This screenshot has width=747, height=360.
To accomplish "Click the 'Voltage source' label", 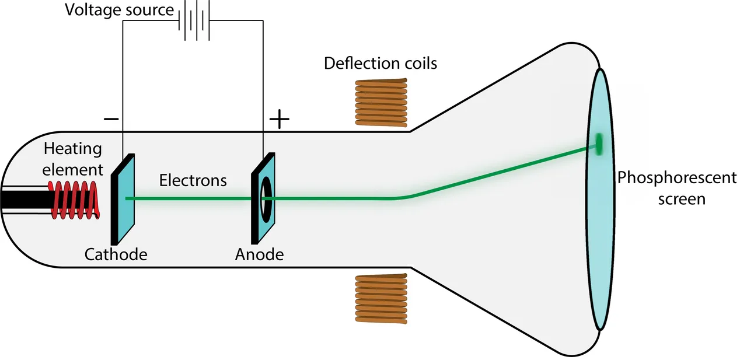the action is click(x=120, y=10).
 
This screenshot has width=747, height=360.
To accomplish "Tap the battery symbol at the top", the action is click(x=194, y=20).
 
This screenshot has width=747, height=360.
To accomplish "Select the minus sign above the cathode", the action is click(x=111, y=119).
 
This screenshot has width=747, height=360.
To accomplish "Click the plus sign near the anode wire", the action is click(x=280, y=119).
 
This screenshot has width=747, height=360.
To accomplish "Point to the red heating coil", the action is click(x=74, y=200).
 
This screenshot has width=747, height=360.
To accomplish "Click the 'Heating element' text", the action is click(x=73, y=159).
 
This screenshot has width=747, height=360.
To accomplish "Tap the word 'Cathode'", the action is click(x=116, y=254).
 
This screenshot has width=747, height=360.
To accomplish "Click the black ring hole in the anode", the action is click(x=266, y=200).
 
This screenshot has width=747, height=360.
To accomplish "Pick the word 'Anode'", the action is click(x=260, y=254).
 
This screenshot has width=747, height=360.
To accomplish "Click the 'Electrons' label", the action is click(x=193, y=180).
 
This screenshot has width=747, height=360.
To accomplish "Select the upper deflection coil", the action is click(x=382, y=103).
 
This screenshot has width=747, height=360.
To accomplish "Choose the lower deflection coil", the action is click(x=382, y=299).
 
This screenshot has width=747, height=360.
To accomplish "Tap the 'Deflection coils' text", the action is click(x=381, y=64).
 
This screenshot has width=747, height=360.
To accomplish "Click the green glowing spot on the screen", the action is click(x=599, y=144).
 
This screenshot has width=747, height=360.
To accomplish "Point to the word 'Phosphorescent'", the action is click(x=677, y=178).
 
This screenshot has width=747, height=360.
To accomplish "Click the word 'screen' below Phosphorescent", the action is click(x=682, y=200).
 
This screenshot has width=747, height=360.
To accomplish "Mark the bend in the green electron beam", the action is click(x=400, y=198).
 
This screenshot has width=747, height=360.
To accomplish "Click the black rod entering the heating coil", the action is click(x=27, y=200).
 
